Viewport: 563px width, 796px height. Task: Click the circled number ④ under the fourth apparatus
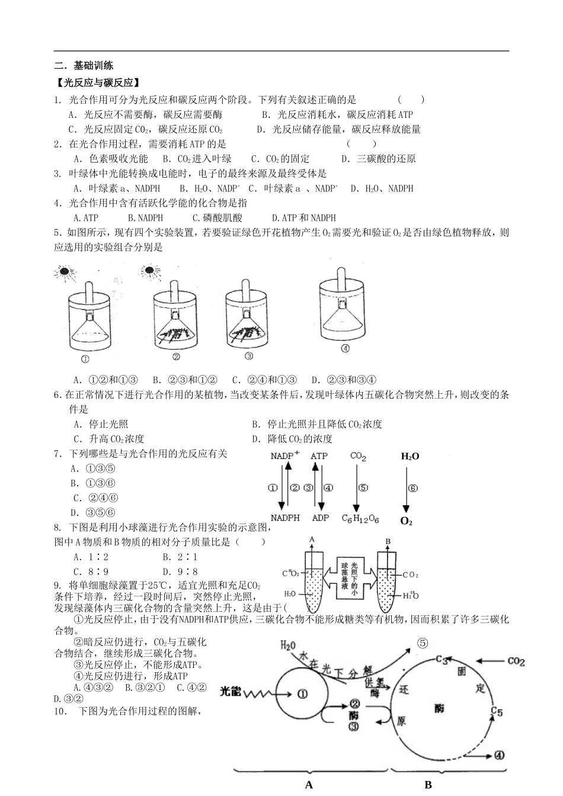coord(346,349)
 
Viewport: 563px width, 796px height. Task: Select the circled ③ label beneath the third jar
coord(249,356)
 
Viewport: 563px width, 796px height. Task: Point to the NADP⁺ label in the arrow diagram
coord(285,455)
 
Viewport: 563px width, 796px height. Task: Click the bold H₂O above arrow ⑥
coord(410,456)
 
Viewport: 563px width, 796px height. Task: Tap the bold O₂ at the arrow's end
coord(406,521)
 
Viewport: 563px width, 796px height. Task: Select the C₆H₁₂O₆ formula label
coord(360,519)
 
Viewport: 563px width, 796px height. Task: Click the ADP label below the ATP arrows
coord(320,518)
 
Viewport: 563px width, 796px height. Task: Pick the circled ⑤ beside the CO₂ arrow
coord(363,488)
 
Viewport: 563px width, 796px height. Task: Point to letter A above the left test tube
coord(312,540)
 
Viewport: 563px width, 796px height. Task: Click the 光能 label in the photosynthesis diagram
coord(231,691)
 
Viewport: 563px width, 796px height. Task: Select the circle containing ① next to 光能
coord(303,695)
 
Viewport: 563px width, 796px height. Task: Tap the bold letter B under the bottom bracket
coord(428,785)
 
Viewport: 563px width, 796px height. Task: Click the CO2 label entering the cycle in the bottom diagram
coord(516,661)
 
